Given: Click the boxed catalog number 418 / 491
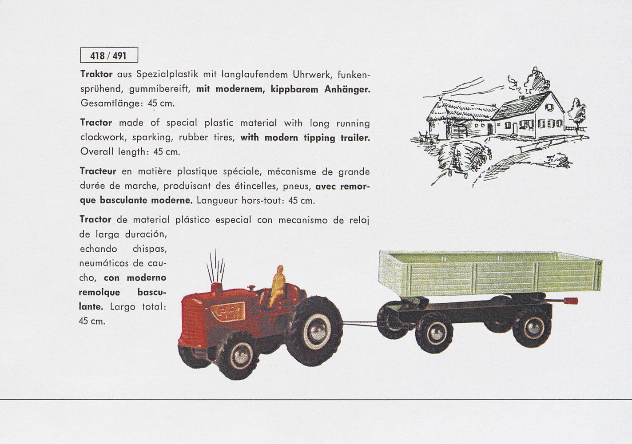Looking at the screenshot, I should (x=109, y=55).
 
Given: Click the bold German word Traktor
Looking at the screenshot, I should (x=95, y=74).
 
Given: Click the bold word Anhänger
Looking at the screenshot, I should (x=347, y=89).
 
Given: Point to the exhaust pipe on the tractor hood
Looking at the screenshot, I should (x=217, y=288).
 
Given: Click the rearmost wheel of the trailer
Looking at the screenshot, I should (x=532, y=328).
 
